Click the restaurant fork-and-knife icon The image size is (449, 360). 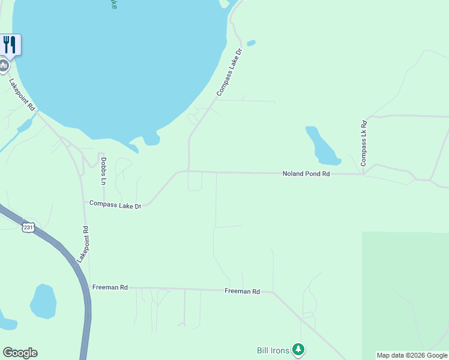[x=10, y=44]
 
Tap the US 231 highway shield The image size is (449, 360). [x=28, y=227]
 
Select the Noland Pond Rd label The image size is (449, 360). [x=306, y=173]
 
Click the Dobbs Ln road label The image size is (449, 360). [x=103, y=171]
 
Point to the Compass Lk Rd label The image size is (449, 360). [x=363, y=143]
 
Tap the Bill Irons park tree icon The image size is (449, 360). [x=298, y=349]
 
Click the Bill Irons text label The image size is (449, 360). [x=273, y=350]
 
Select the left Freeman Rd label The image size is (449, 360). [x=110, y=287]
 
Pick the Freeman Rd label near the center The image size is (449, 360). [x=242, y=291]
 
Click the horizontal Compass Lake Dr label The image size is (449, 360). [x=115, y=204]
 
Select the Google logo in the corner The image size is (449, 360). [x=20, y=353]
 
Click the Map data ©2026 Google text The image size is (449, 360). [x=412, y=355]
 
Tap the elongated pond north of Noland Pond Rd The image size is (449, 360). [x=321, y=146]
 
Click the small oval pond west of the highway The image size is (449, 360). [x=43, y=302]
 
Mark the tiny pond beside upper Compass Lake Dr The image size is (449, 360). [x=251, y=43]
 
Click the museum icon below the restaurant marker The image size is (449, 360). [x=3, y=65]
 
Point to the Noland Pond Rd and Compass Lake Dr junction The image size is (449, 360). [x=188, y=171]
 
